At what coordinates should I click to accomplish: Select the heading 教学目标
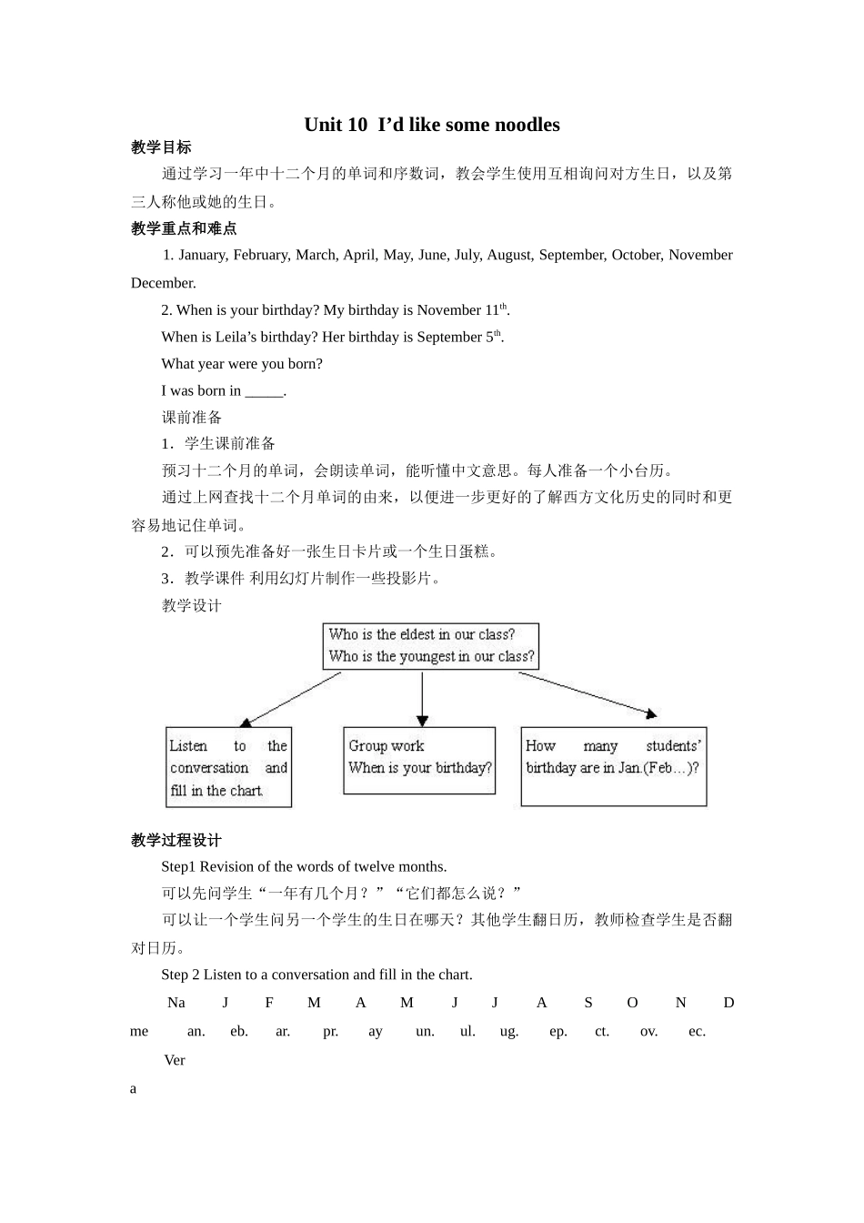[x=161, y=147]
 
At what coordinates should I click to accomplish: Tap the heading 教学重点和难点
[x=184, y=228]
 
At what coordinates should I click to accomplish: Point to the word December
[x=163, y=283]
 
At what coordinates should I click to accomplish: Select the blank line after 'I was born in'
[x=265, y=391]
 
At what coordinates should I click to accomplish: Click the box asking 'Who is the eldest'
[x=431, y=646]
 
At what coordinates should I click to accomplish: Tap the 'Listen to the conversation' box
[x=228, y=767]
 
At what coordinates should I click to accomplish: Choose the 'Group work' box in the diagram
[x=419, y=760]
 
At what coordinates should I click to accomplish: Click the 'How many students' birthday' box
[x=613, y=766]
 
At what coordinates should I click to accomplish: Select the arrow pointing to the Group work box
[x=422, y=700]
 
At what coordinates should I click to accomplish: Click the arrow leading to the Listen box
[x=291, y=699]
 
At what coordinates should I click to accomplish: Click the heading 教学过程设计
[x=176, y=840]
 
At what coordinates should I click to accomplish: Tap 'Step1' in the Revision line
[x=178, y=866]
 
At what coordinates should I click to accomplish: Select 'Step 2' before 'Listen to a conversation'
[x=180, y=975]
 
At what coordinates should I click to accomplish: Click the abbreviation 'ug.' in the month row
[x=509, y=1031]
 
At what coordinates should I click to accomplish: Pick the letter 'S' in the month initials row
[x=588, y=1003]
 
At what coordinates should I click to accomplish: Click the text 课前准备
[x=192, y=418]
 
